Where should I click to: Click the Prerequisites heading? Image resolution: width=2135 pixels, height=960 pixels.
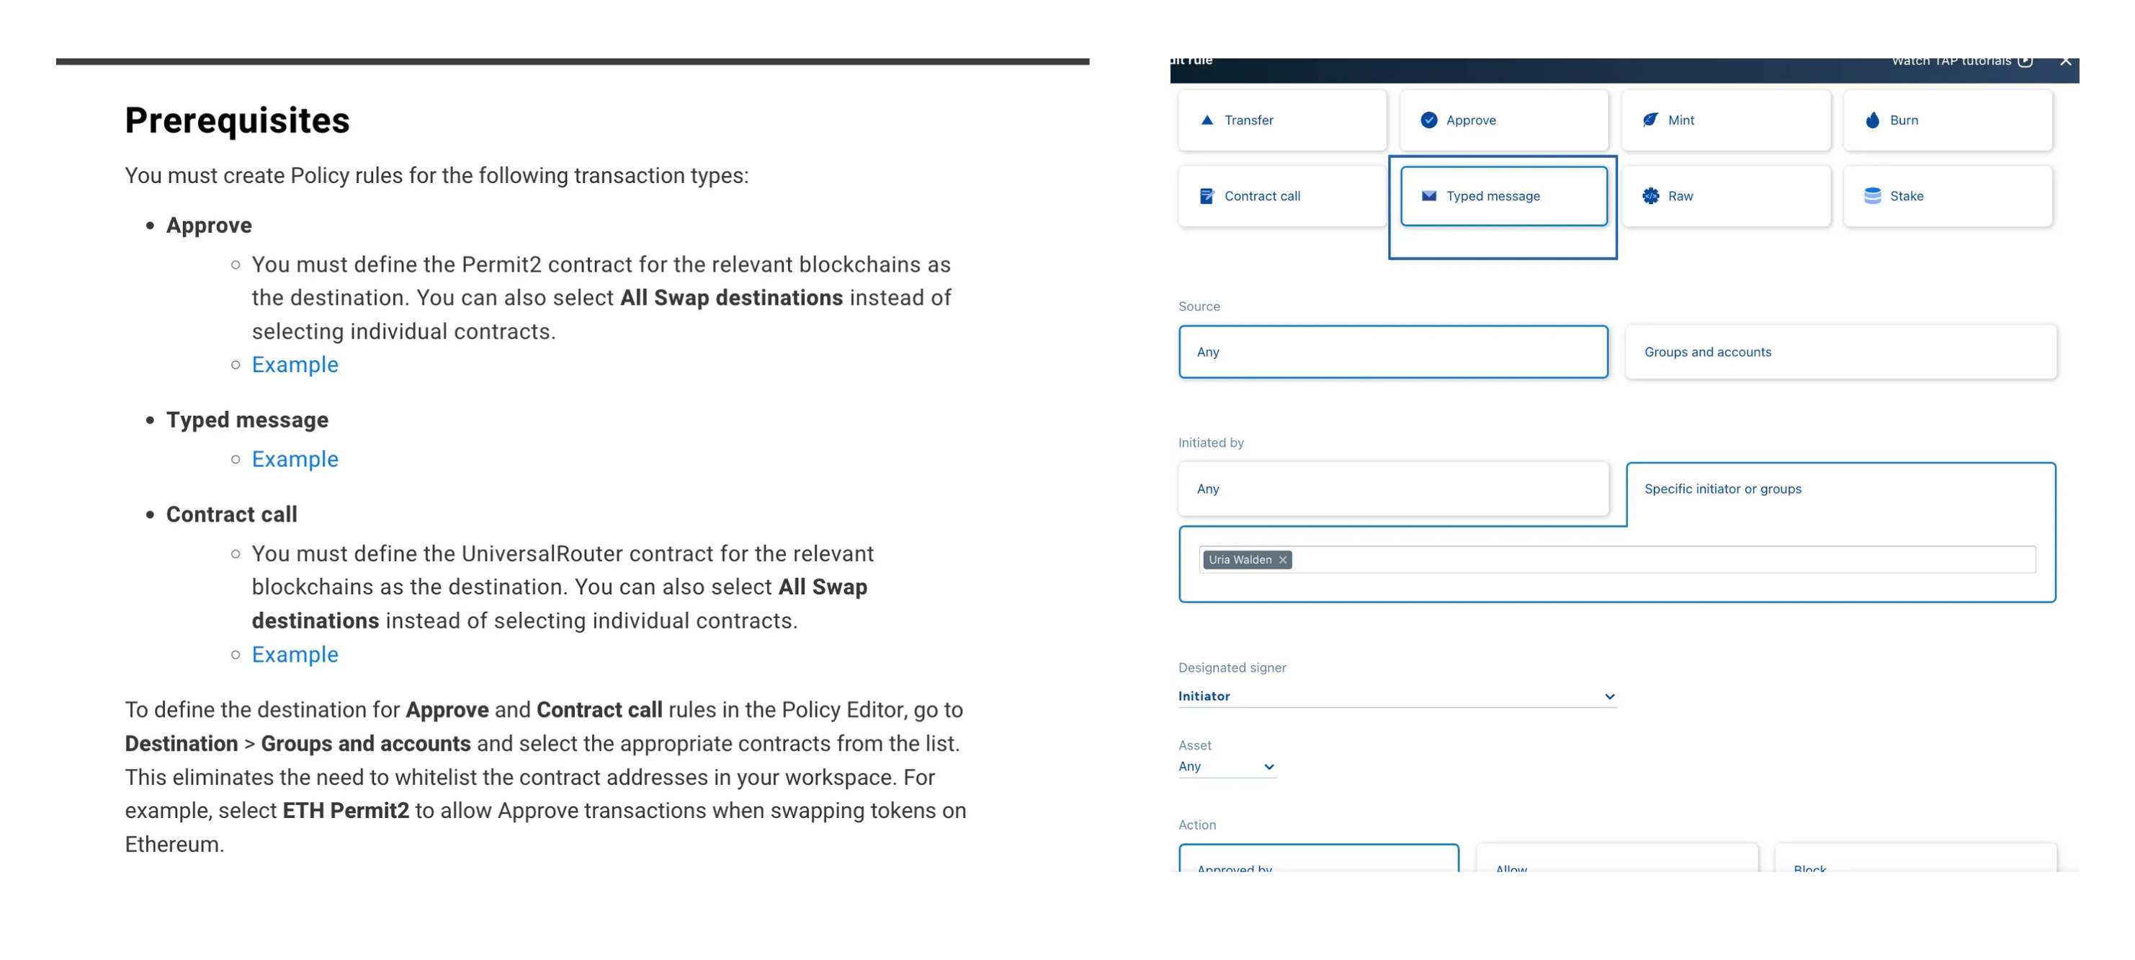tap(237, 121)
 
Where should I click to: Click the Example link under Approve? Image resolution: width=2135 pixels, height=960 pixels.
tap(295, 365)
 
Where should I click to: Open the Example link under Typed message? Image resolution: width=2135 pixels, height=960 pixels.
tap(295, 459)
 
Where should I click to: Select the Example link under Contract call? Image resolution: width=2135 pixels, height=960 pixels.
tap(295, 654)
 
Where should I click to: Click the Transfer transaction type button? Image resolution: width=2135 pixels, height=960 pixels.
tap(1281, 120)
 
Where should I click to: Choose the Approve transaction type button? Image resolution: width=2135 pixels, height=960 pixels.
tap(1503, 120)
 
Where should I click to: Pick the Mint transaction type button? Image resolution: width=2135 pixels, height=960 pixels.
tap(1726, 120)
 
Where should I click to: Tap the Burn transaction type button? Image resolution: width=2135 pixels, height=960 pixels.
tap(1947, 120)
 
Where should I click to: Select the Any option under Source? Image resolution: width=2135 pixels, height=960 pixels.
tap(1392, 352)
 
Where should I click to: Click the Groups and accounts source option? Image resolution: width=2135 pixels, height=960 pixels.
tap(1840, 352)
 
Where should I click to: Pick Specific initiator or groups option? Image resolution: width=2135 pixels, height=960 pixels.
tap(1840, 489)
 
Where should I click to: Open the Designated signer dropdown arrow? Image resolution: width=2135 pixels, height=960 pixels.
tap(1608, 696)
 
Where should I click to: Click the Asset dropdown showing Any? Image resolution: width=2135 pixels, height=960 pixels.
tap(1226, 767)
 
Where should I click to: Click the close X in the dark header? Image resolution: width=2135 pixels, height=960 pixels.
tap(2065, 61)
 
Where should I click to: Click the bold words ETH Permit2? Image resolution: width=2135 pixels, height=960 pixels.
tap(346, 811)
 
